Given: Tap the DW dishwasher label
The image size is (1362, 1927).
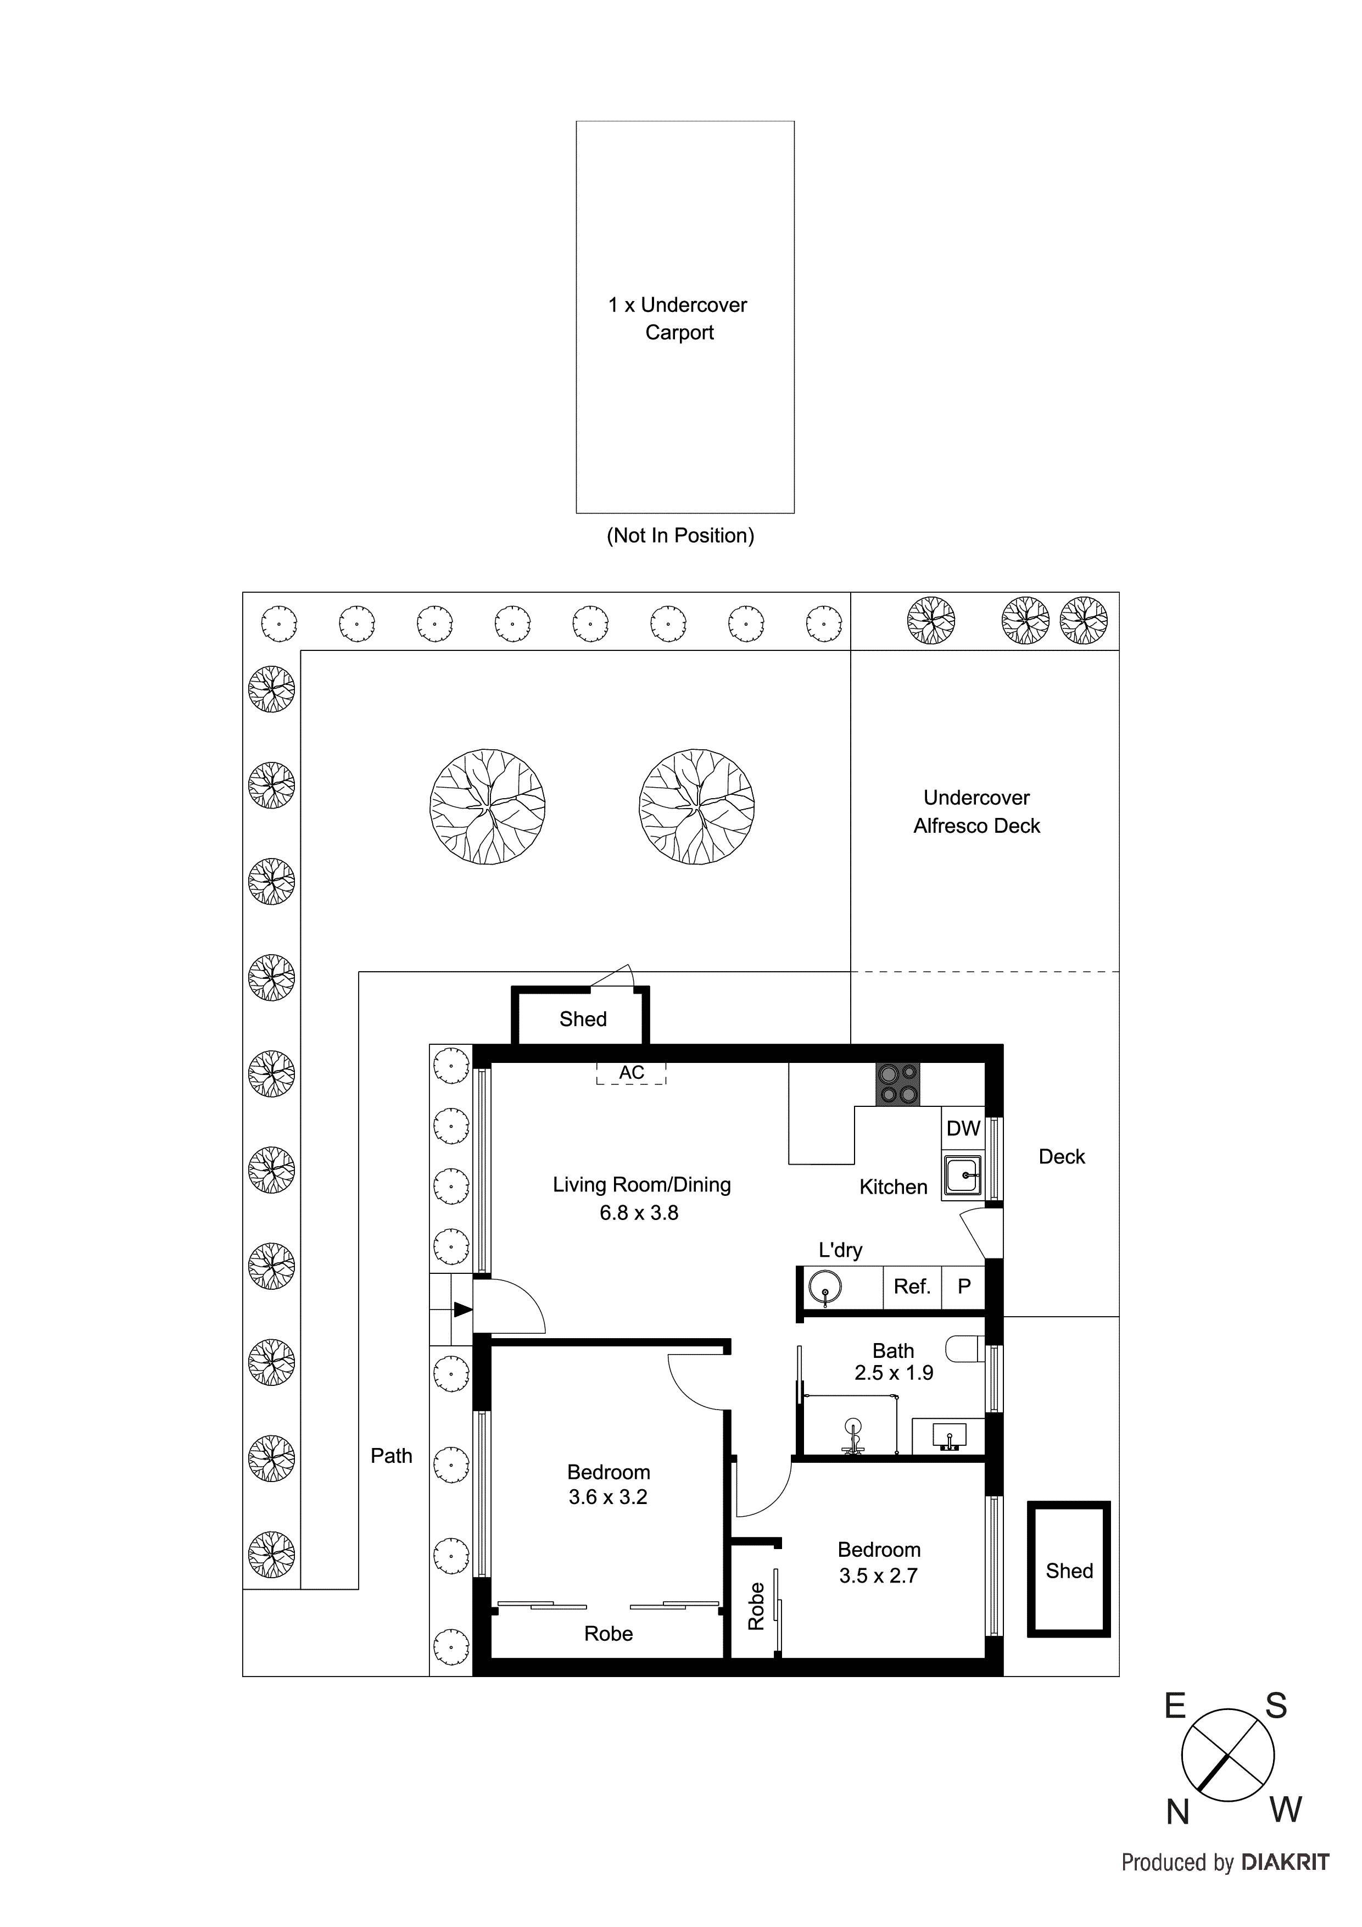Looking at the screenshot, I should coord(963,1129).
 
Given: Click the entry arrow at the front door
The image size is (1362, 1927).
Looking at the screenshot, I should coord(462,1309).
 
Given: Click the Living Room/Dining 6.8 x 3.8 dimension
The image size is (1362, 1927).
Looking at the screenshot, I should coord(639,1213).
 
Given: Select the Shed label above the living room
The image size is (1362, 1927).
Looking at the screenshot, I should coord(582,1019).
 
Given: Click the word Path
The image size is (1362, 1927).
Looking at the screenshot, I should coord(391,1456).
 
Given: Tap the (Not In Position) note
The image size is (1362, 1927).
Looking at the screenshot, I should coord(680,536).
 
